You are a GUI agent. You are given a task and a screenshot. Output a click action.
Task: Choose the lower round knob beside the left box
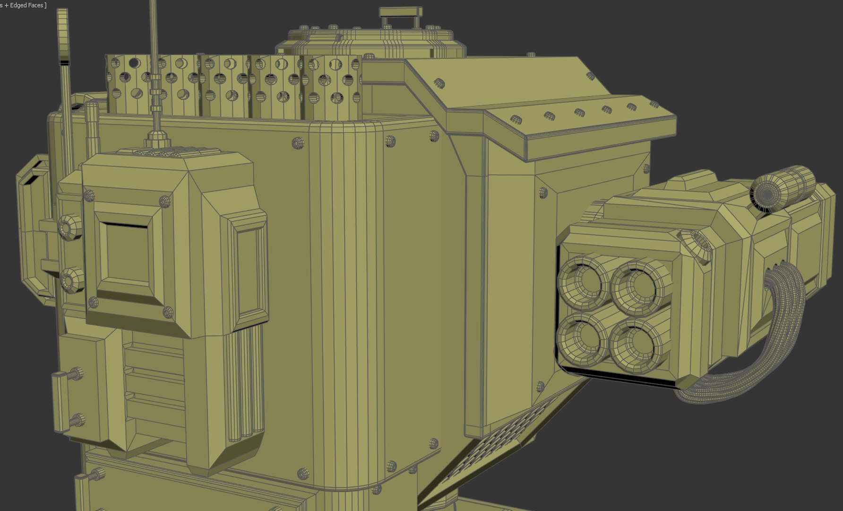click(71, 280)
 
